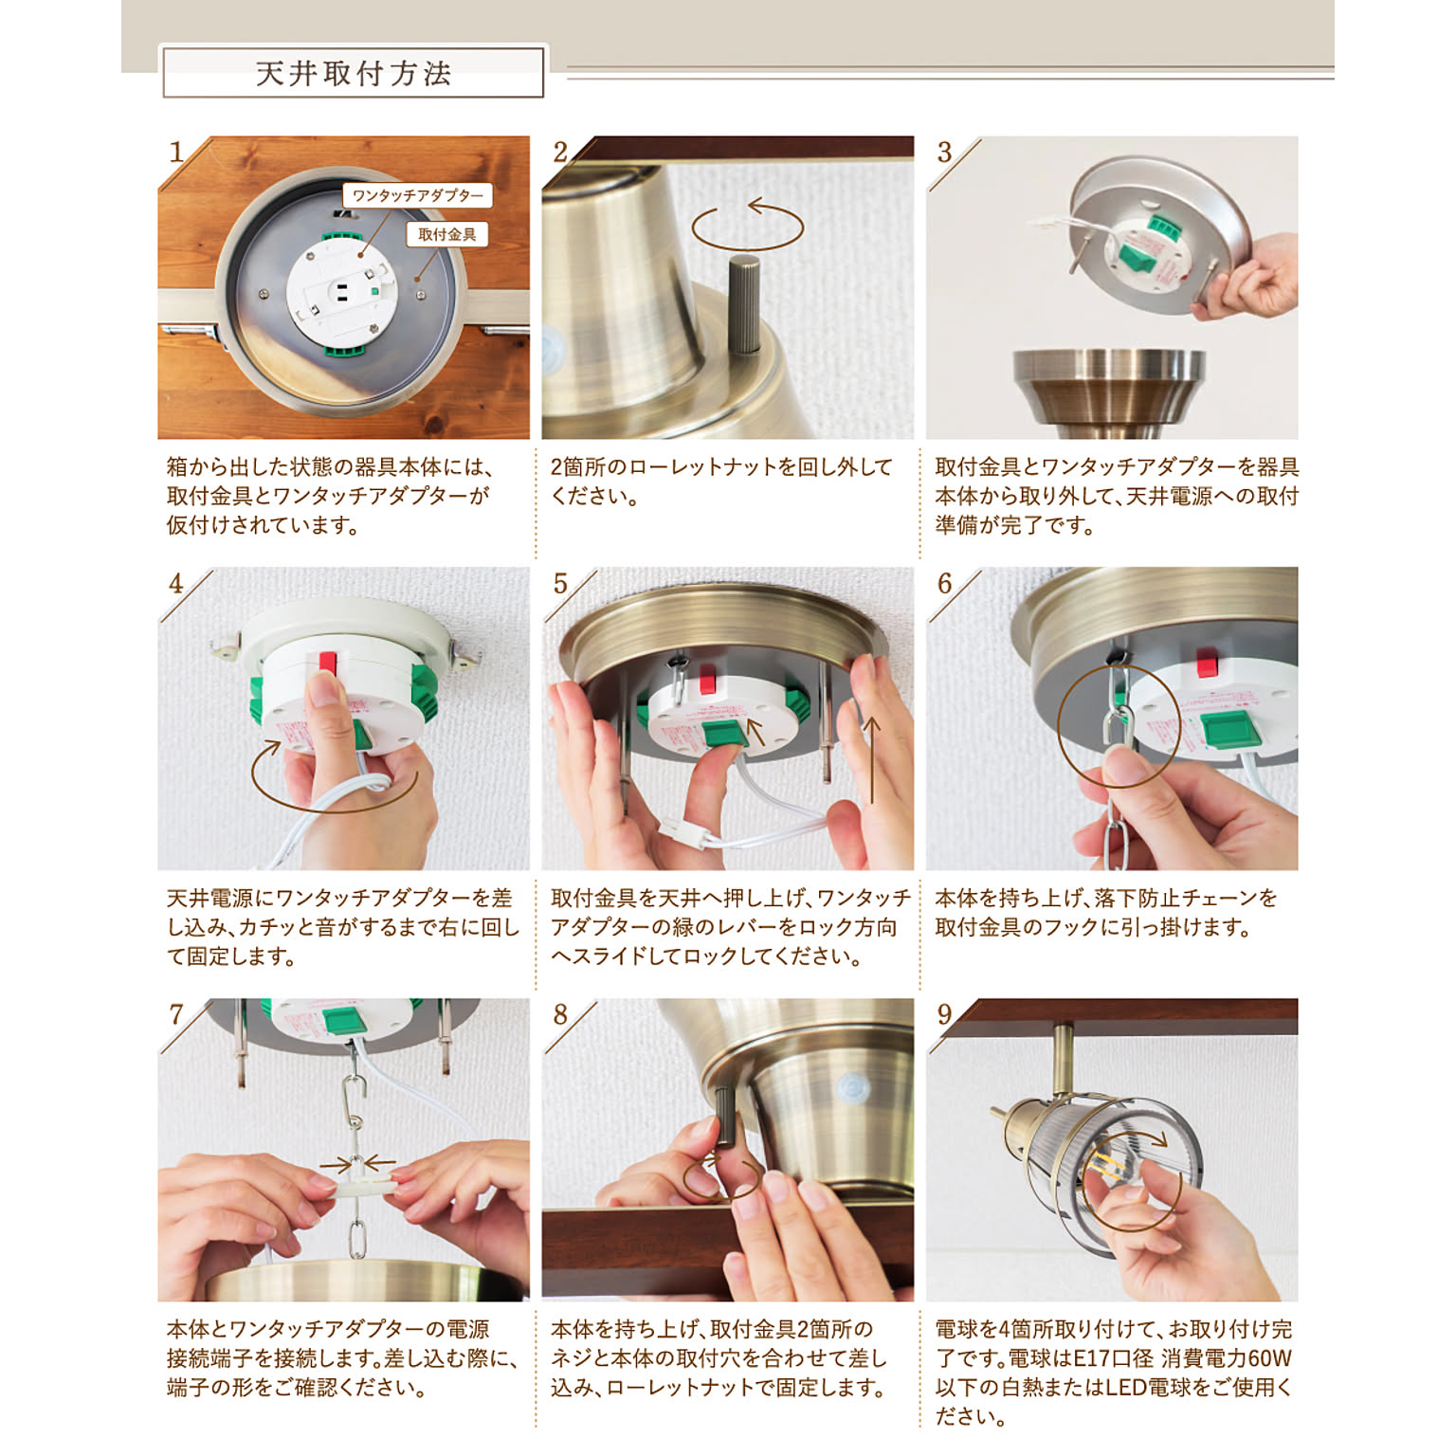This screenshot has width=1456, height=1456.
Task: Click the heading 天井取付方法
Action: (353, 74)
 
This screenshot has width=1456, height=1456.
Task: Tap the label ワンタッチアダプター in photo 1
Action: (417, 196)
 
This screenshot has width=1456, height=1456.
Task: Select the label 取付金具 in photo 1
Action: (446, 234)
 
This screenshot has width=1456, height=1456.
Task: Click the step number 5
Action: (560, 584)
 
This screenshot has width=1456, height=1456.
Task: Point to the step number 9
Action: (944, 1015)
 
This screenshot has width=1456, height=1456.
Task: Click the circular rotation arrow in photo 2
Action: (747, 226)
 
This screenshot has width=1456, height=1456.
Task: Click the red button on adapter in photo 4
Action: (328, 662)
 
